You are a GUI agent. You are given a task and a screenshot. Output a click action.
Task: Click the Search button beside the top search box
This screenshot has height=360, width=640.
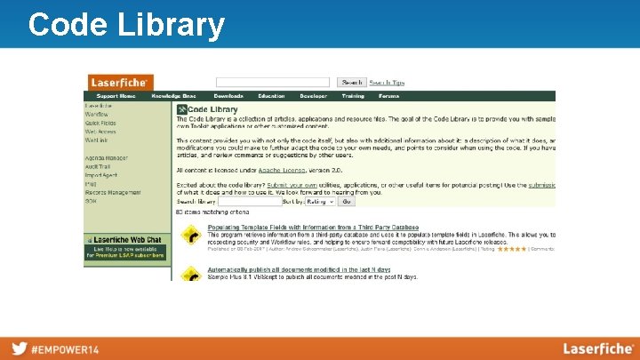[351, 82]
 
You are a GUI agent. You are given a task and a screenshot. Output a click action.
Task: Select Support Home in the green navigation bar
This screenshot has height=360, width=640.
[116, 96]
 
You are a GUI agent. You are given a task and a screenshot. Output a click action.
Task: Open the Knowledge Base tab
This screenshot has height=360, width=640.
[173, 96]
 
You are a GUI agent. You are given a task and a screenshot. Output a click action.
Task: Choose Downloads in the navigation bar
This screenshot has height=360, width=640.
[228, 96]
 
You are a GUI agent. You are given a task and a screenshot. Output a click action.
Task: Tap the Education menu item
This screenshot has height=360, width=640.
[271, 96]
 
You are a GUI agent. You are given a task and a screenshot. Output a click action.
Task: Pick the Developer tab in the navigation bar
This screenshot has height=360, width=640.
[313, 96]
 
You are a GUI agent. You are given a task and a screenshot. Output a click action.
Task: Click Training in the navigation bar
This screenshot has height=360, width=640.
[353, 96]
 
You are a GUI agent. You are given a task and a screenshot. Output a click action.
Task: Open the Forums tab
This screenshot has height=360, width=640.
[388, 96]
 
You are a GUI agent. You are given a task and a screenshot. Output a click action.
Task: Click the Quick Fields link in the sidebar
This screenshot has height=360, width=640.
[100, 123]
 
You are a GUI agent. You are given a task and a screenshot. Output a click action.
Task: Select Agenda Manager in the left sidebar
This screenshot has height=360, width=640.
[107, 158]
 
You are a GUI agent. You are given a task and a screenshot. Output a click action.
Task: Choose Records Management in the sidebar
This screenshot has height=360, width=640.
[113, 192]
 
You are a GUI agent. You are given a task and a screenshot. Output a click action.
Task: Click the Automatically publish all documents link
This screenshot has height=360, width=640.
[299, 269]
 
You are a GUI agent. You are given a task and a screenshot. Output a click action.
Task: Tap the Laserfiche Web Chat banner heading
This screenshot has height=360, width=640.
[127, 240]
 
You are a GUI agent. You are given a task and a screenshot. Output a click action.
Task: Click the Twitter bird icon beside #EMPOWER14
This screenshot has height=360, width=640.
[18, 348]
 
